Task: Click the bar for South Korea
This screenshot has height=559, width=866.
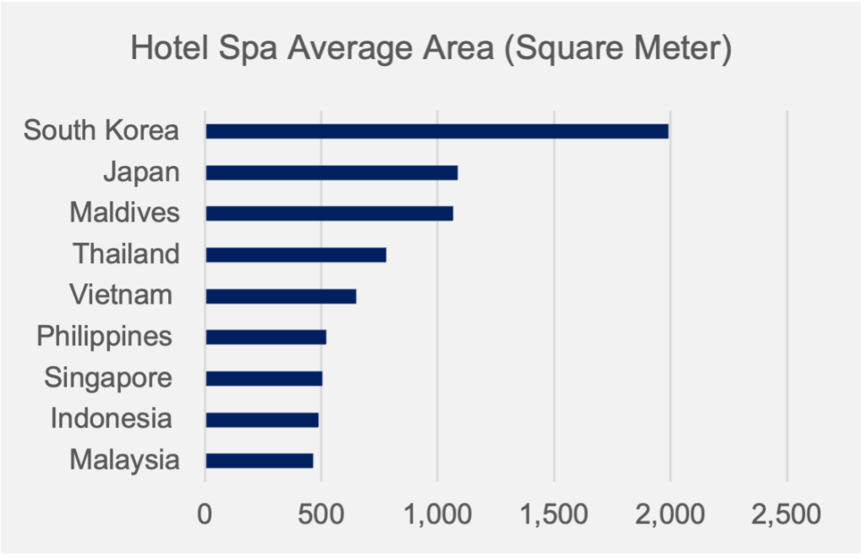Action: point(436,132)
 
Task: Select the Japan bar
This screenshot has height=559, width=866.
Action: point(332,173)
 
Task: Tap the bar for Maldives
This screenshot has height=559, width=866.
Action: point(329,214)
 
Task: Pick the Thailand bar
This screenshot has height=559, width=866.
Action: point(296,255)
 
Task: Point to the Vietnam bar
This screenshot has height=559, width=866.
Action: point(281,296)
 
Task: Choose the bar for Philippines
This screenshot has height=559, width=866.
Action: point(266,337)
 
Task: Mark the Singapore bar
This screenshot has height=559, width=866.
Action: point(264,378)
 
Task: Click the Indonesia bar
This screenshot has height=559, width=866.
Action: point(262,419)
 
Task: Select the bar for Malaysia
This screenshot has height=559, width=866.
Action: point(259,461)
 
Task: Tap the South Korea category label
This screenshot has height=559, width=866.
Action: point(101,131)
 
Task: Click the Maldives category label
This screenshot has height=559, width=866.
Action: point(124,212)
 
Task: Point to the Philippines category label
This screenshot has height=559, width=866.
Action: point(104,337)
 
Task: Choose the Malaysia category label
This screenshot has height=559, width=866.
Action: point(124,460)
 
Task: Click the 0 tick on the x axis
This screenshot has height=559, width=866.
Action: point(205,513)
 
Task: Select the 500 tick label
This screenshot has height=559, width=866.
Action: point(321,513)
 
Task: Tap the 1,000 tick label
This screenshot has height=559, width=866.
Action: point(437,513)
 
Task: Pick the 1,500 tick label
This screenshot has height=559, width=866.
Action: point(554,513)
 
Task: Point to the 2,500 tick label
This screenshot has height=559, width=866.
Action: point(787,513)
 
